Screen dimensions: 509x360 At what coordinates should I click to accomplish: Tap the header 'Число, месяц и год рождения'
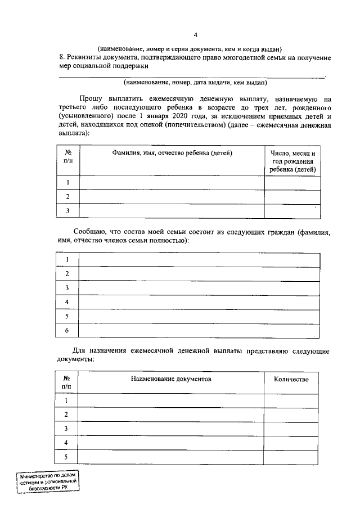point(292,161)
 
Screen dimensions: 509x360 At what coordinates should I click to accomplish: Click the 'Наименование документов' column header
point(171,379)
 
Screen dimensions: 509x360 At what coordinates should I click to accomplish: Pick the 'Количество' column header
point(291,379)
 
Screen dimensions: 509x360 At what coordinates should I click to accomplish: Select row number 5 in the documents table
point(66,457)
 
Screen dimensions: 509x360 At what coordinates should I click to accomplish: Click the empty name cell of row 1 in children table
point(172,182)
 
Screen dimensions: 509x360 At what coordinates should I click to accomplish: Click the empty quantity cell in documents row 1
point(291,400)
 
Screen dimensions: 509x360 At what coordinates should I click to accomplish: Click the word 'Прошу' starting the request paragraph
point(91,98)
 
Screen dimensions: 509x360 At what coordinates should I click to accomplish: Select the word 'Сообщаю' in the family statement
point(90,232)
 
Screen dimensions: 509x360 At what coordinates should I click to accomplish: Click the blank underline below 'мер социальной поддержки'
point(191,75)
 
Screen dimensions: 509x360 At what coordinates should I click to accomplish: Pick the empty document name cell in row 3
point(171,429)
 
